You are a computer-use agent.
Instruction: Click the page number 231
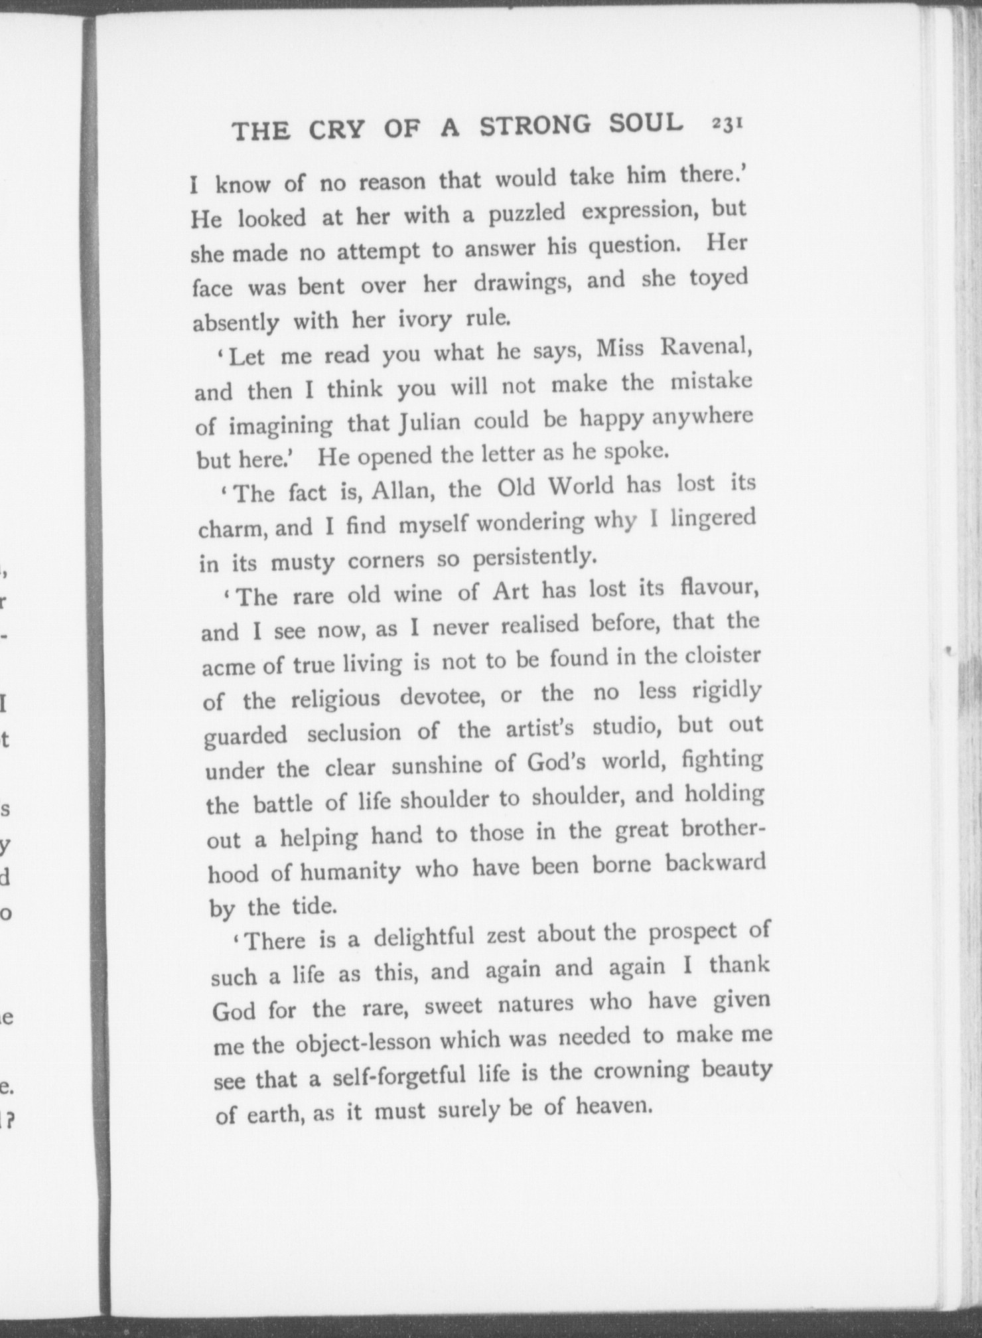click(728, 125)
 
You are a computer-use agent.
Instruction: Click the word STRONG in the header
click(535, 126)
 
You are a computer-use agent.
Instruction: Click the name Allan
click(403, 491)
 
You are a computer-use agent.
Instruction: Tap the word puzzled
click(527, 214)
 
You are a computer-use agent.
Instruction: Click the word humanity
click(350, 871)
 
